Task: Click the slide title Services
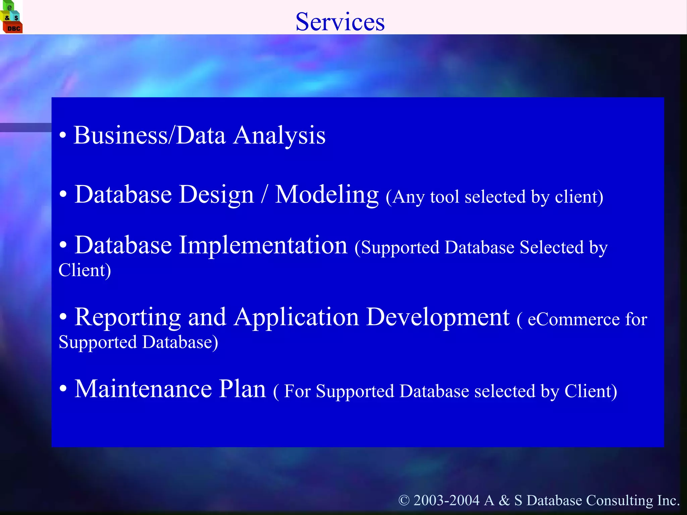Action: tap(340, 22)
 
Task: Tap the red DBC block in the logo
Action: tap(13, 28)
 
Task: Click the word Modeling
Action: tap(327, 195)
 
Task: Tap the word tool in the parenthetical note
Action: tap(444, 197)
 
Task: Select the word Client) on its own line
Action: tap(85, 270)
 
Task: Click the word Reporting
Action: tap(127, 317)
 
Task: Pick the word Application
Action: tap(297, 317)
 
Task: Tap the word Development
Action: tap(438, 317)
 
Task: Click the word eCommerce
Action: tap(574, 319)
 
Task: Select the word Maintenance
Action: tap(143, 389)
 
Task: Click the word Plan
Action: tap(242, 389)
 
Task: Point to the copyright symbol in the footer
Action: tap(404, 501)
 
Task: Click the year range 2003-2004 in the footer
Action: tap(446, 501)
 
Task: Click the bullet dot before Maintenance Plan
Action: tap(63, 389)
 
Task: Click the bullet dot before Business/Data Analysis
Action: tap(63, 135)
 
